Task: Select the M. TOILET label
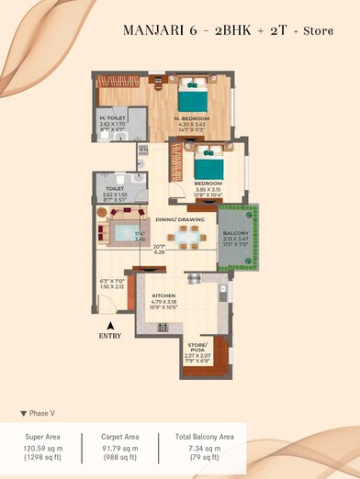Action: point(115,118)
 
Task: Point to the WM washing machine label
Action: point(144,149)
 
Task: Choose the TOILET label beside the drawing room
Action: point(115,188)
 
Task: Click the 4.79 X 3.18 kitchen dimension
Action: point(164,303)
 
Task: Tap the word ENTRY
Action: point(109,336)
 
